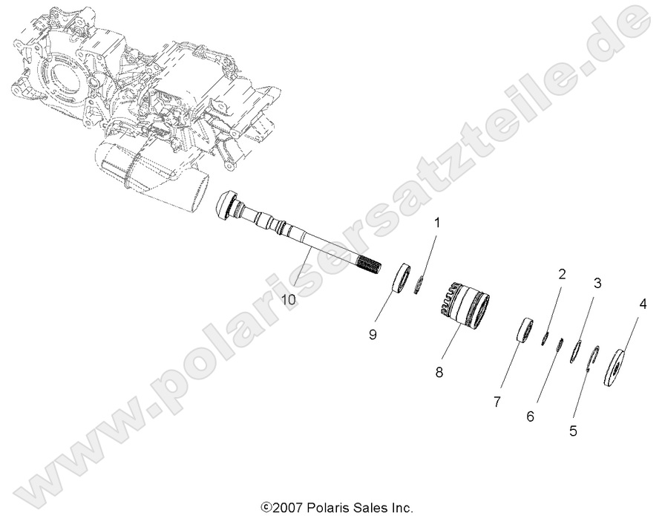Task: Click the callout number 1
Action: point(437,222)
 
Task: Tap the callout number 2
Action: point(562,274)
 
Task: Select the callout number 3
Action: point(597,283)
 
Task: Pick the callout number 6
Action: point(530,417)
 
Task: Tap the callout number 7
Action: point(497,402)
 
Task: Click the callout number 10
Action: point(289,299)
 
